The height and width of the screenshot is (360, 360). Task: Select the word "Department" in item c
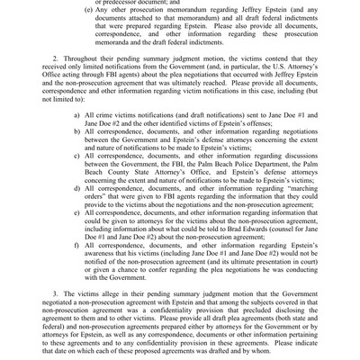coord(297,160)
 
